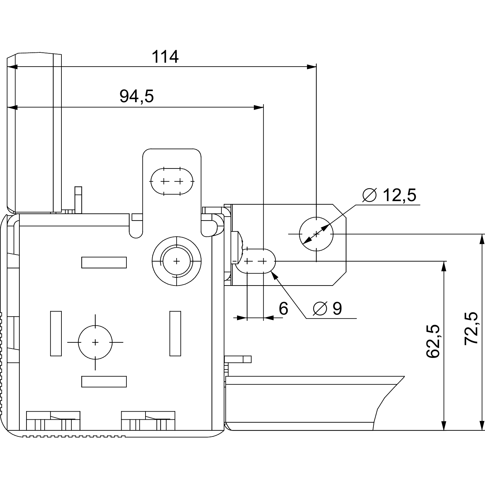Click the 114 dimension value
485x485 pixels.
[x=165, y=57]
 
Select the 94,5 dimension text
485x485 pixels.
[x=136, y=96]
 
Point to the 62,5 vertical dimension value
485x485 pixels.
[x=433, y=341]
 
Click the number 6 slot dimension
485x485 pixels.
[x=283, y=309]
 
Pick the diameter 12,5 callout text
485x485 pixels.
[x=389, y=195]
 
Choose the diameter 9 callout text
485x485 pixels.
[x=328, y=309]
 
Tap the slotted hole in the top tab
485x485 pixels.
[x=172, y=181]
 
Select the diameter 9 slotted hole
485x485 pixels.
[x=255, y=261]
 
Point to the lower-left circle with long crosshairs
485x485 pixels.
[x=95, y=342]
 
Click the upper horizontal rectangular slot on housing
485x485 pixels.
[x=104, y=263]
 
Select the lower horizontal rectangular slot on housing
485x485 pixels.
[x=104, y=382]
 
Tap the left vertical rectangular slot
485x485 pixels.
[x=56, y=333]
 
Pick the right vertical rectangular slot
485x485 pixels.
[x=175, y=333]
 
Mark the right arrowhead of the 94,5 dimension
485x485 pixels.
[x=259, y=108]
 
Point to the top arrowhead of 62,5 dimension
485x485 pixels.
[x=444, y=266]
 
